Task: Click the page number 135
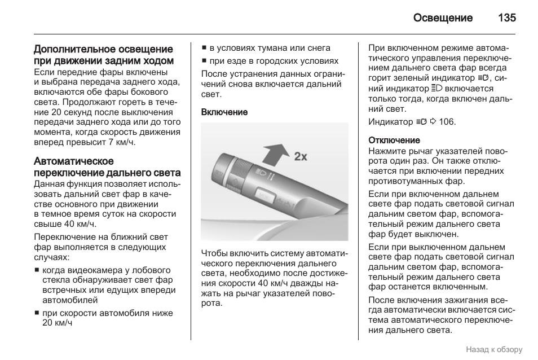point(506,17)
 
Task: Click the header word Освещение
point(442,17)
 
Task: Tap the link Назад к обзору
point(494,349)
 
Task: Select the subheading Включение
point(224,112)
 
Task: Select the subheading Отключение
point(394,140)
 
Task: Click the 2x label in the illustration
point(301,156)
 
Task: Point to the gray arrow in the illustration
point(276,153)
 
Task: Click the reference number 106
point(447,122)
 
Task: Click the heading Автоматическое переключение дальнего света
point(107,168)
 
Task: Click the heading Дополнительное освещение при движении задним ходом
point(103,55)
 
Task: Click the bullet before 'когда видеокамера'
point(37,270)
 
